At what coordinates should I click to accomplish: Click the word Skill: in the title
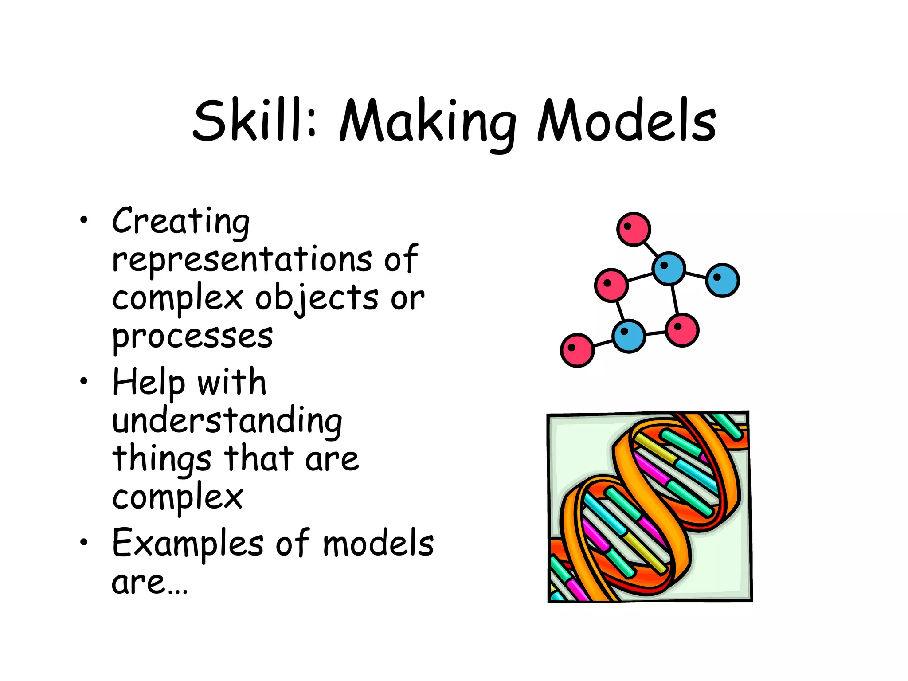tap(255, 121)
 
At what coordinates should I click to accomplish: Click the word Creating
tap(181, 222)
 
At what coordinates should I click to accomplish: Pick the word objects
tap(317, 298)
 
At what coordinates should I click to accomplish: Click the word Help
tap(149, 382)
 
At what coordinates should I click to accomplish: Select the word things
tap(162, 459)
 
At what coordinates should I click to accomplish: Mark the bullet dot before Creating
tap(84, 220)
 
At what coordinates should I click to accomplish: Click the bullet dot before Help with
tap(84, 381)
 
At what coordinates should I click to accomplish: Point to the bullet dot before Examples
tap(84, 542)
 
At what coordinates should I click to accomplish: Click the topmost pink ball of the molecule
tap(634, 229)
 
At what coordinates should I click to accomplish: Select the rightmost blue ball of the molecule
tap(722, 280)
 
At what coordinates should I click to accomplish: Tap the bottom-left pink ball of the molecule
tap(577, 350)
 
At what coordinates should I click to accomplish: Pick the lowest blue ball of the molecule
tap(629, 336)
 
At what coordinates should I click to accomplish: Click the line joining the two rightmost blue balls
tap(696, 275)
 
